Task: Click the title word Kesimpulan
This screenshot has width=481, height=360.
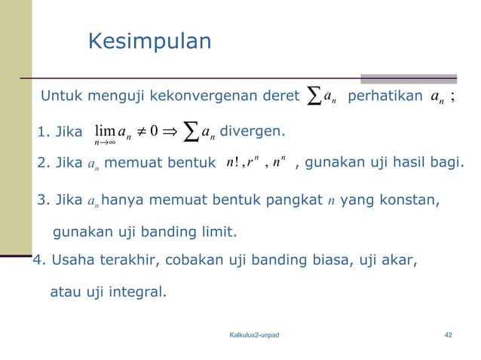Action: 149,41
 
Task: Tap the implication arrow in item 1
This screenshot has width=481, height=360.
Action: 168,133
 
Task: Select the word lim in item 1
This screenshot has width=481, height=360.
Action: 104,132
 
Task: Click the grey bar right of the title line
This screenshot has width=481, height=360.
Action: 408,78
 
